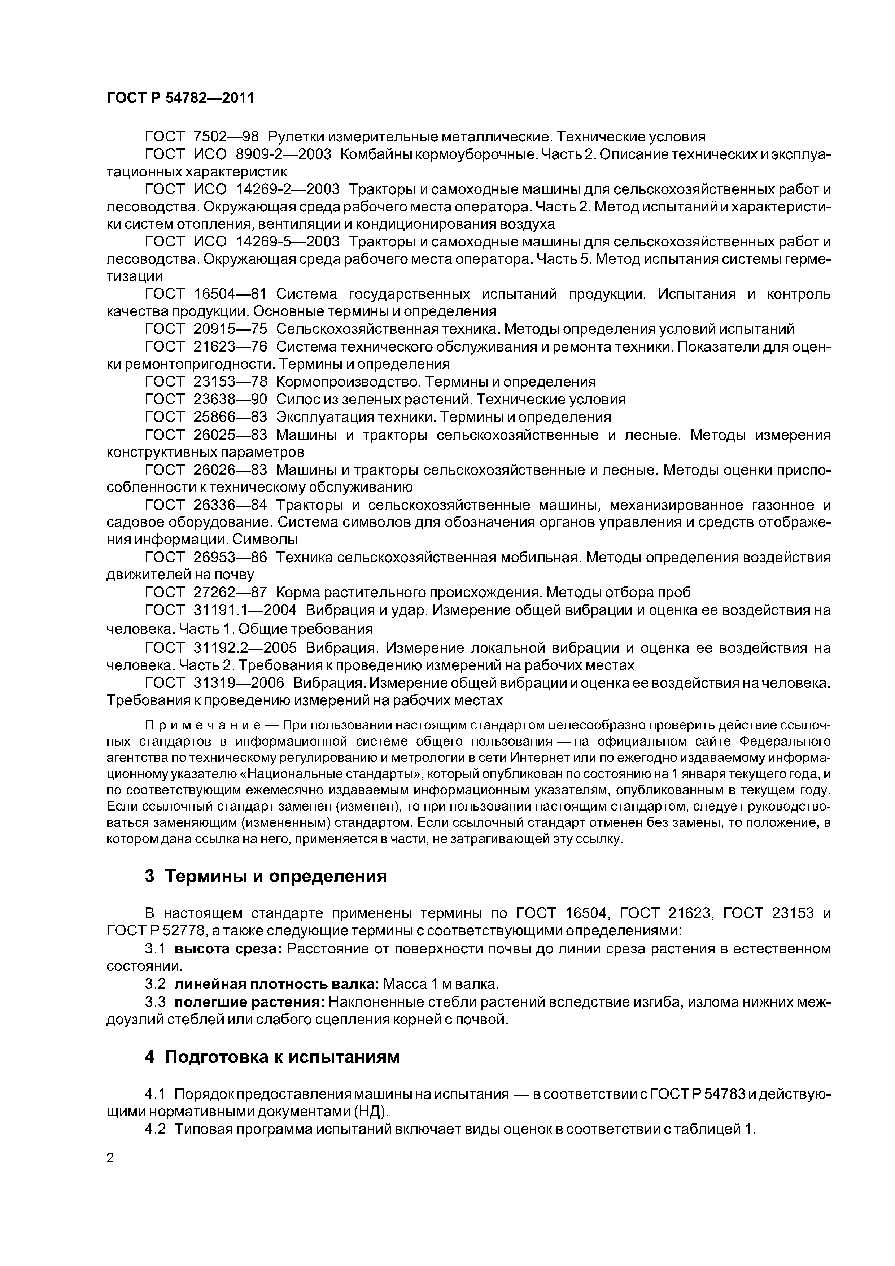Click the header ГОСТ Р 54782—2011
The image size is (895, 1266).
(x=180, y=98)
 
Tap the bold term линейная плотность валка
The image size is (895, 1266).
(x=277, y=984)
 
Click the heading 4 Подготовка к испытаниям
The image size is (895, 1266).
(x=271, y=1056)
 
